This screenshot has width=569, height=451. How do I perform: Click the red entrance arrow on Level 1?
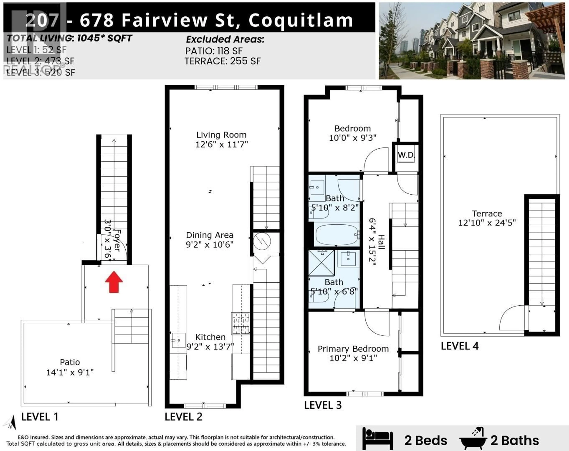pos(114,282)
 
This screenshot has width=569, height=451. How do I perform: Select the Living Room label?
pos(221,135)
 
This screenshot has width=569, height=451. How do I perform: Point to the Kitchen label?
pos(210,337)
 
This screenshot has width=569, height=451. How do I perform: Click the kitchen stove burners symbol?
pos(240,323)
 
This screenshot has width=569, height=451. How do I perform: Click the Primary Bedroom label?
pos(353,349)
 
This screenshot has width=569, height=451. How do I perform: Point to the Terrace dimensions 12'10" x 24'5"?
pos(487,223)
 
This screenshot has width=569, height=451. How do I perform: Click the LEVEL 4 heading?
pos(459,346)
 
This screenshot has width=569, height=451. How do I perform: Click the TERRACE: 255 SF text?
pos(222,61)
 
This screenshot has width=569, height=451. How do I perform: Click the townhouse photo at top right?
pos(472,41)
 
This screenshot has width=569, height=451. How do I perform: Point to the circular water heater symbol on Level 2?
pos(262,241)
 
